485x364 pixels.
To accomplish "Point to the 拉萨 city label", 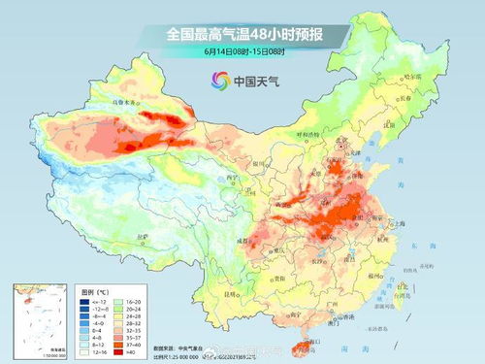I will point(143,236).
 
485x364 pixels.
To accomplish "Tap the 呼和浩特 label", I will point(309,135).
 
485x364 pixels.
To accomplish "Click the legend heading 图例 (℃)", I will point(92,290).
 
